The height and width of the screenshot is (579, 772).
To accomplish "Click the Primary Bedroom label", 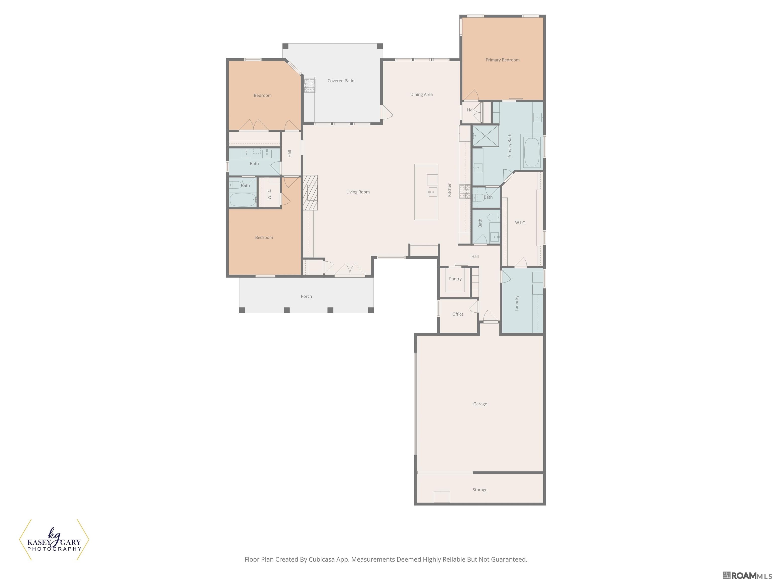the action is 503,60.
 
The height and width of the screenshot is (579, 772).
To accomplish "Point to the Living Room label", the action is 358,192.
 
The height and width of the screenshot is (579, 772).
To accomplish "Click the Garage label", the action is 480,404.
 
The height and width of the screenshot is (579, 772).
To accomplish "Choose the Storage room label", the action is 480,490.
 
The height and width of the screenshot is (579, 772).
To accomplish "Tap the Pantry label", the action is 455,279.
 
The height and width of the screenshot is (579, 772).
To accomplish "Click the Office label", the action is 458,314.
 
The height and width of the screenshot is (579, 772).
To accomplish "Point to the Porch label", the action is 306,296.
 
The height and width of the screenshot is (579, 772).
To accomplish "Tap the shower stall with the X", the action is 485,136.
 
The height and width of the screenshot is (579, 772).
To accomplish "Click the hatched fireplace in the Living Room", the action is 310,193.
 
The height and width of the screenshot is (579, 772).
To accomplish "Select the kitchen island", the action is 426,192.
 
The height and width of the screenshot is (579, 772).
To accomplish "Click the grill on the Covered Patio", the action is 309,85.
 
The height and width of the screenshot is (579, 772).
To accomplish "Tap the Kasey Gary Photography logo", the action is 54,540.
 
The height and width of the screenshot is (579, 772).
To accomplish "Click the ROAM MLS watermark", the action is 747,575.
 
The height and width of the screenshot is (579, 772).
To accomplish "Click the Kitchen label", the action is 450,189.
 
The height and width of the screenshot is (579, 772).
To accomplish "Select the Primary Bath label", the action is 510,146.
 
